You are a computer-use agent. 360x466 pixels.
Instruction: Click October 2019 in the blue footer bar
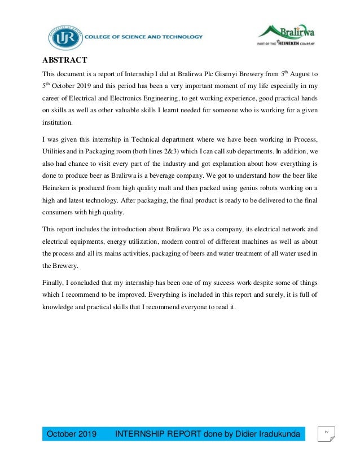71,434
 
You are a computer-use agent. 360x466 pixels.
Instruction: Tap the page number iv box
326,433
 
